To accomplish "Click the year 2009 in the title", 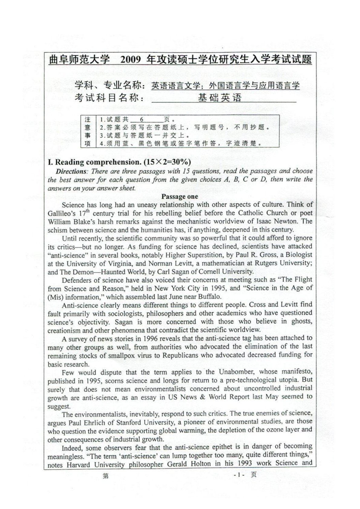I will pos(130,60).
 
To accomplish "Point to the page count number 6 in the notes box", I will pos(142,119).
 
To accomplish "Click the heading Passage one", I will pos(180,197).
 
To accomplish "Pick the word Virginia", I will pos(120,263).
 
